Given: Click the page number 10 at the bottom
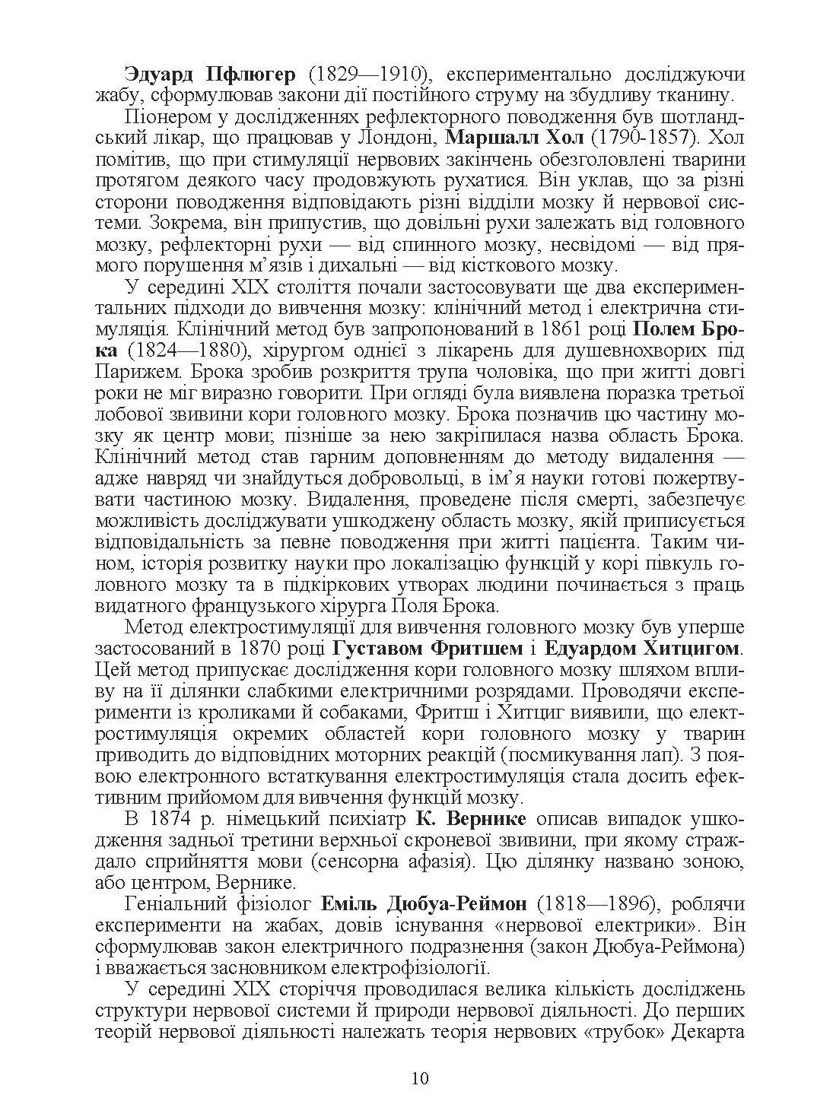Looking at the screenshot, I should point(419,1078).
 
